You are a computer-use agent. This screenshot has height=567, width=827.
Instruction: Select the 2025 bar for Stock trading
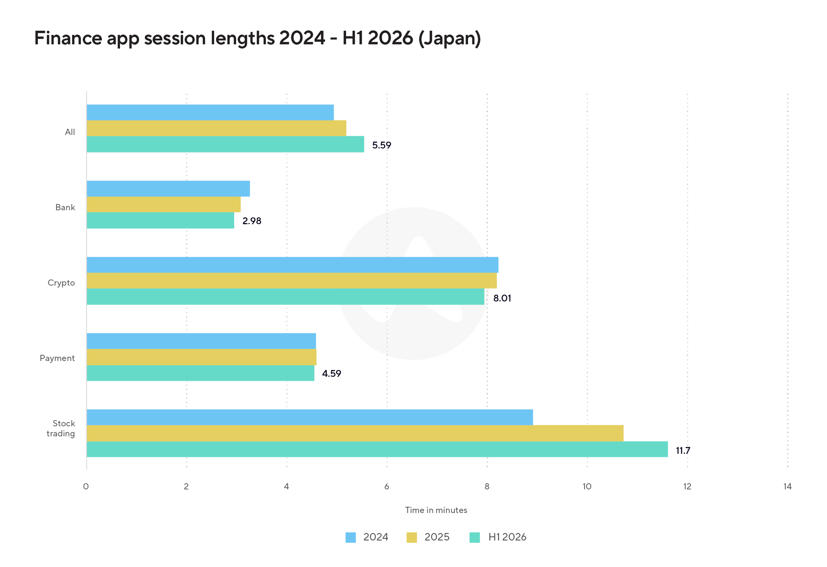[x=355, y=433]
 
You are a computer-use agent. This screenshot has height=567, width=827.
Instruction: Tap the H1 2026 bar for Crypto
[x=285, y=296]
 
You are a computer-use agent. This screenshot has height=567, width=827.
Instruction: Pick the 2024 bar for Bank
[x=168, y=189]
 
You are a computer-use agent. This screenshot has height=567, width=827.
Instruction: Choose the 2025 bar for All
[x=216, y=128]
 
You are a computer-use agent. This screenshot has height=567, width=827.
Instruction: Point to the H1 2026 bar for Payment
[x=201, y=373]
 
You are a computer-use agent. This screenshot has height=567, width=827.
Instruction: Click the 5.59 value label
[x=381, y=145]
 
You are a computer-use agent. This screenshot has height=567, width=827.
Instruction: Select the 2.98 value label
[x=252, y=221]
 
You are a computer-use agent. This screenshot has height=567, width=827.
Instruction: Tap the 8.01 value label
[x=502, y=298]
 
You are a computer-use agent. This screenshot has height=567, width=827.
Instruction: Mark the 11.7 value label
[x=683, y=451]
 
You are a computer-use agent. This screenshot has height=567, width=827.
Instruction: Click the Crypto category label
[x=61, y=283]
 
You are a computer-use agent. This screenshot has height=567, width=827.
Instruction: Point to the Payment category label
[x=57, y=358]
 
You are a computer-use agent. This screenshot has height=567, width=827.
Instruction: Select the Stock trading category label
[x=61, y=429]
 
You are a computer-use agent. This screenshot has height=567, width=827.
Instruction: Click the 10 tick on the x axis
[x=587, y=487]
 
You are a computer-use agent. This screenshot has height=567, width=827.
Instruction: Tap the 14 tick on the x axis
[x=787, y=487]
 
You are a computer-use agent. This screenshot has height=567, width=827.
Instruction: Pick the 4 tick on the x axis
[x=287, y=487]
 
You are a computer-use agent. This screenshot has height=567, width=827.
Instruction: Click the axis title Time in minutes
[x=436, y=510]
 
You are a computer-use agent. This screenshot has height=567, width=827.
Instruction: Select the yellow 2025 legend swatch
[x=412, y=537]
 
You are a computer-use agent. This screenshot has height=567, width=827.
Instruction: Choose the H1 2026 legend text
[x=507, y=537]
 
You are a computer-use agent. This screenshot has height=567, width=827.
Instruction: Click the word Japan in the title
[x=449, y=38]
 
